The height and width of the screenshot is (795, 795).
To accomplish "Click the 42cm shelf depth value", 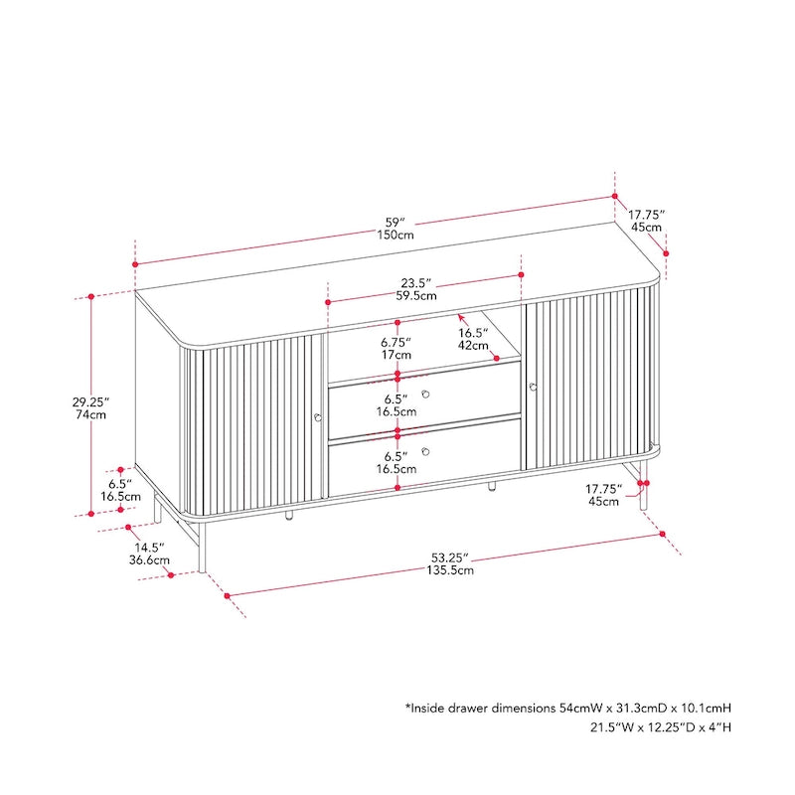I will [472, 346].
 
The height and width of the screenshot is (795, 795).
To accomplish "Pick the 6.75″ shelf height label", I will [397, 342].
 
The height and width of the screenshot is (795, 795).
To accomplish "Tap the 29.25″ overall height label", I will [89, 401].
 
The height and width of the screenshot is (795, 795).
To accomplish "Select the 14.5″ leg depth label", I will [151, 547].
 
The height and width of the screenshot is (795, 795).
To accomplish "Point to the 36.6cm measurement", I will [151, 559].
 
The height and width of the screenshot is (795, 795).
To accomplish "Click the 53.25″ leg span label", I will [451, 556].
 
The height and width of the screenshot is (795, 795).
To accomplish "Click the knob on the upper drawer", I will [425, 395].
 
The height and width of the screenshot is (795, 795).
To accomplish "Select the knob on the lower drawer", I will [425, 452].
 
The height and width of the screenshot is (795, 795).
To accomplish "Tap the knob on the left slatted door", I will [317, 418].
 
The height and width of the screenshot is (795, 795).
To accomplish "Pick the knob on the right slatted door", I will [533, 387].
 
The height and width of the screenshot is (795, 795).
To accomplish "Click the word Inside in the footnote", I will [432, 709].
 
